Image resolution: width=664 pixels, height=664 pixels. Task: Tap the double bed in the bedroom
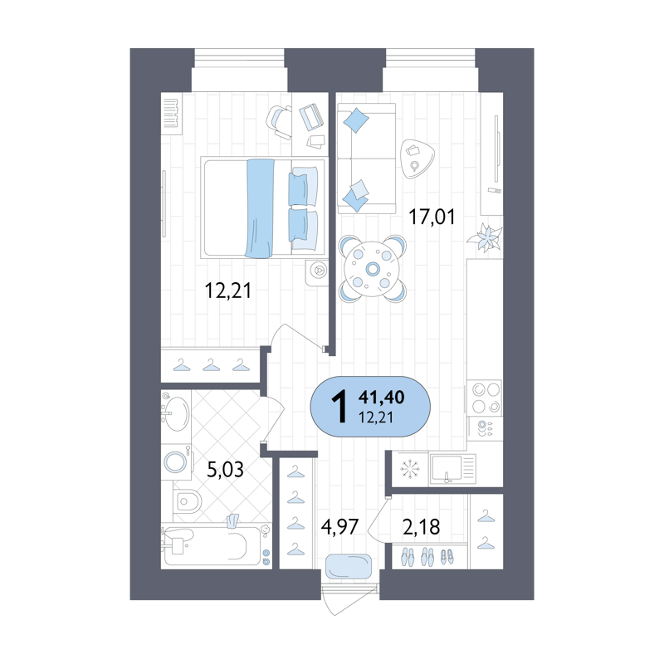pyautogui.click(x=261, y=207)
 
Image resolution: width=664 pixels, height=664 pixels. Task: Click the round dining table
pyautogui.click(x=372, y=268)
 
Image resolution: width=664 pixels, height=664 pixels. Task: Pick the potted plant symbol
pyautogui.click(x=484, y=239)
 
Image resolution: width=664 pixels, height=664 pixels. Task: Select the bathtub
pyautogui.click(x=214, y=545)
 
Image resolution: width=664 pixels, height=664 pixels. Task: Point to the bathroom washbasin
pyautogui.click(x=177, y=412)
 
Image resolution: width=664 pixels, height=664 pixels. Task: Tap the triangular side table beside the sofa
pyautogui.click(x=415, y=157)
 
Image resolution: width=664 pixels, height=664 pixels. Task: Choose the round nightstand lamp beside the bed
pyautogui.click(x=318, y=270)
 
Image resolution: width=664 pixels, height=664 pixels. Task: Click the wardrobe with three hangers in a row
pyautogui.click(x=211, y=364)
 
